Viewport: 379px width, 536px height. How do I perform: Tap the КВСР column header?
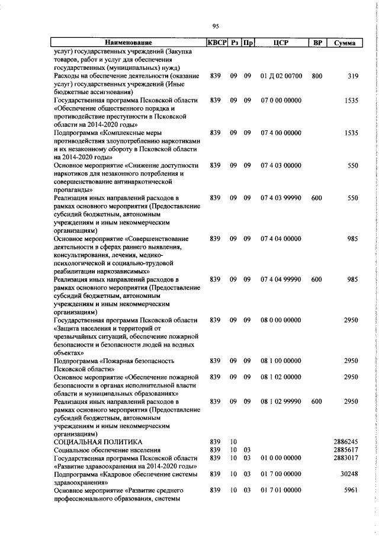pos(217,43)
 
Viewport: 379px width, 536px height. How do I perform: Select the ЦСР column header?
pos(281,43)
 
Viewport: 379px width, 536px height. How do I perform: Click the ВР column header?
pos(317,43)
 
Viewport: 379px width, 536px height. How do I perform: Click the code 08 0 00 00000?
pos(281,320)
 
